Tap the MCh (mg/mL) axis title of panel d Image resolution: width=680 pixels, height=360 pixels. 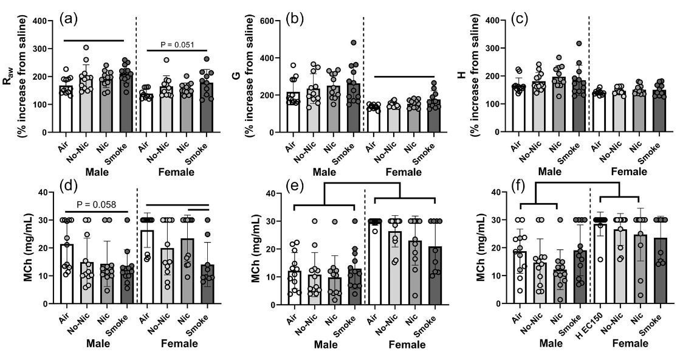click(10, 251)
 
